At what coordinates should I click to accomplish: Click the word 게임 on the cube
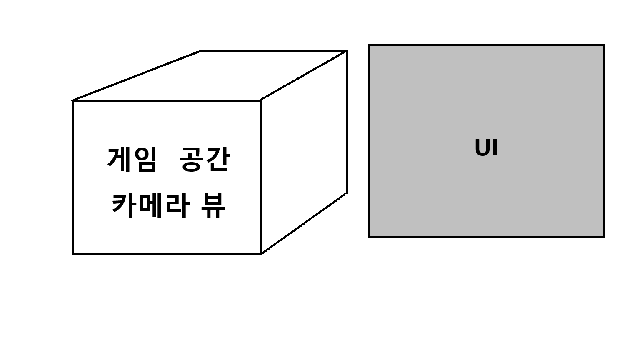click(x=132, y=160)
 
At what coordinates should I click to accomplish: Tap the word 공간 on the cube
click(x=204, y=160)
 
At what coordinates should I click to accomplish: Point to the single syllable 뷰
click(x=213, y=205)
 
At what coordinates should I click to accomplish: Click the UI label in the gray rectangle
click(x=486, y=148)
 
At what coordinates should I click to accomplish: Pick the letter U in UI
click(x=482, y=148)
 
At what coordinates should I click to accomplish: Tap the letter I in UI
click(x=495, y=148)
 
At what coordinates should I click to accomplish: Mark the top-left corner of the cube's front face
click(x=73, y=100)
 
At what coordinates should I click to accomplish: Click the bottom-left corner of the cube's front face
click(x=73, y=254)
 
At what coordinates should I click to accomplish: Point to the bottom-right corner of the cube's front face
click(x=260, y=254)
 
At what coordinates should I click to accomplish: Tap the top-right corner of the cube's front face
click(x=260, y=100)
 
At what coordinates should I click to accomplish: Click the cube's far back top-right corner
click(x=346, y=51)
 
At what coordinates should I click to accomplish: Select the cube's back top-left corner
click(x=201, y=51)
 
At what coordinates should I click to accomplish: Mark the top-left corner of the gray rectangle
click(x=370, y=45)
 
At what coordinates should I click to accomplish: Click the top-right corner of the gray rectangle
click(x=604, y=45)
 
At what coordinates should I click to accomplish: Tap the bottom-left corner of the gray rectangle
click(x=370, y=236)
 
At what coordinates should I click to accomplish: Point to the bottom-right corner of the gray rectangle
click(x=604, y=236)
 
